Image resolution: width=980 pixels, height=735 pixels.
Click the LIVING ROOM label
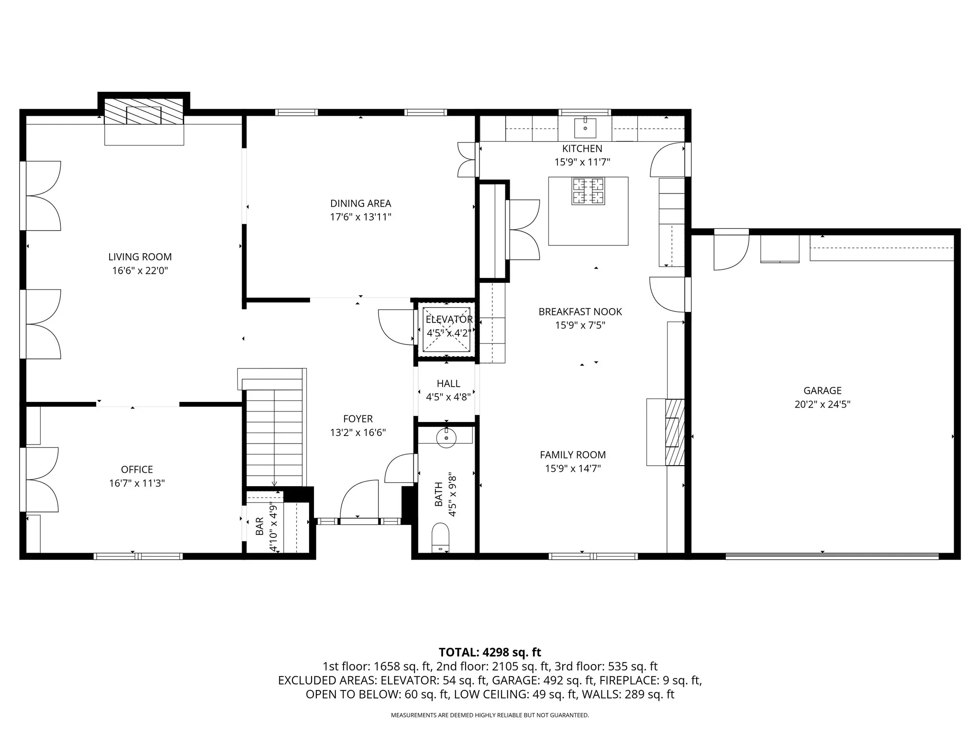coord(140,257)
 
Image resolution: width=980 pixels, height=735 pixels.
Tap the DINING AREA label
coord(361,203)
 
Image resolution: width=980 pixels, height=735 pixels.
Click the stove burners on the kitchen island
coord(588,191)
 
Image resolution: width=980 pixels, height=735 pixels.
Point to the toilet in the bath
coord(441,538)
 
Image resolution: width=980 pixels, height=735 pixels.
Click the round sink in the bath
coord(446,437)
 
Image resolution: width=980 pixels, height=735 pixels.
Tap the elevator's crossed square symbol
coord(447,329)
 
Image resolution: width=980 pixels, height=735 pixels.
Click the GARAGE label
coord(823,390)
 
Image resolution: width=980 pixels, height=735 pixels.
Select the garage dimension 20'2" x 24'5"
coord(823,404)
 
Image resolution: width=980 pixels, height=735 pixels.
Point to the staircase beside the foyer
coord(274,438)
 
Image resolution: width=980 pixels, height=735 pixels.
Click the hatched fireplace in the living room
coord(144,111)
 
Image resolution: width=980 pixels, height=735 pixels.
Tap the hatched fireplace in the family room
coord(675,432)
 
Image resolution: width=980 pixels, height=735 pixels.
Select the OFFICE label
coord(137,469)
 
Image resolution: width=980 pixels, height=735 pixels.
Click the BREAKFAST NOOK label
coord(580,312)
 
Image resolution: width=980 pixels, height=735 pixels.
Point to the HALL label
coord(448,383)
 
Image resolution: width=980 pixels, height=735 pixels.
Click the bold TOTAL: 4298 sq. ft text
coord(490,652)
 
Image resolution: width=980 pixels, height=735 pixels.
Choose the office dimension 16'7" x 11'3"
coord(137,483)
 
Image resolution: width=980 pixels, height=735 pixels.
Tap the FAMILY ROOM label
coord(573,455)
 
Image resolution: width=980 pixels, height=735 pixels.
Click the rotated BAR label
coord(259,526)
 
